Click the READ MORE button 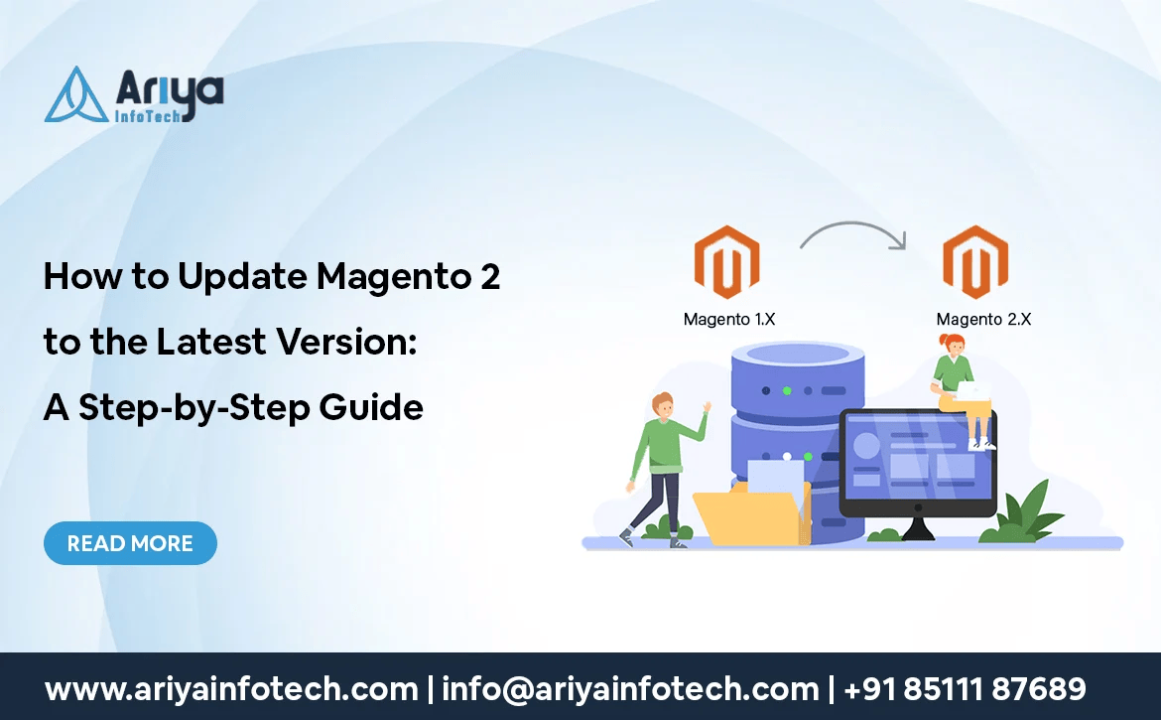click(130, 543)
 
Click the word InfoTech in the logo click(148, 115)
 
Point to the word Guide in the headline click(371, 407)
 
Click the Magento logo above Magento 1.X click(727, 262)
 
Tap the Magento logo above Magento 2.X click(975, 262)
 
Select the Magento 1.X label click(729, 319)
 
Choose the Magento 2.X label click(983, 319)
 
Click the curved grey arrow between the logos click(853, 223)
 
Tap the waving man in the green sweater click(663, 470)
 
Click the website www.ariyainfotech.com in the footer click(231, 689)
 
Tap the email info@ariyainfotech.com click(630, 689)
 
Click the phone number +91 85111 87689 click(965, 689)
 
